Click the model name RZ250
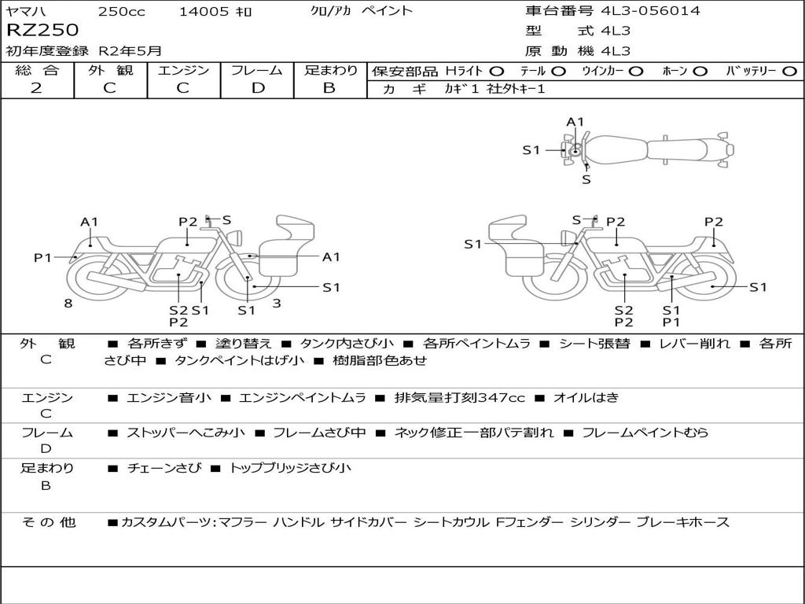tap(42, 30)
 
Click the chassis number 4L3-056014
tap(650, 10)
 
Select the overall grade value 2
tap(36, 88)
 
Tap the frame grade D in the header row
tap(258, 88)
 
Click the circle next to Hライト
tap(497, 72)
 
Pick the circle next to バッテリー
tap(789, 72)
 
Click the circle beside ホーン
tap(700, 72)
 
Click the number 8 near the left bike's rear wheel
tap(68, 303)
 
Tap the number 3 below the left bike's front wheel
tap(277, 303)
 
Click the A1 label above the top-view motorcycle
tap(575, 122)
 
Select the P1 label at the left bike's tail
tap(43, 257)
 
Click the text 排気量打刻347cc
tap(459, 397)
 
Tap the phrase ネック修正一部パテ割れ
tap(474, 433)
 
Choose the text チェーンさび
tap(164, 468)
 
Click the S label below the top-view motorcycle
tap(586, 180)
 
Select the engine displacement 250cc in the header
tap(122, 11)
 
